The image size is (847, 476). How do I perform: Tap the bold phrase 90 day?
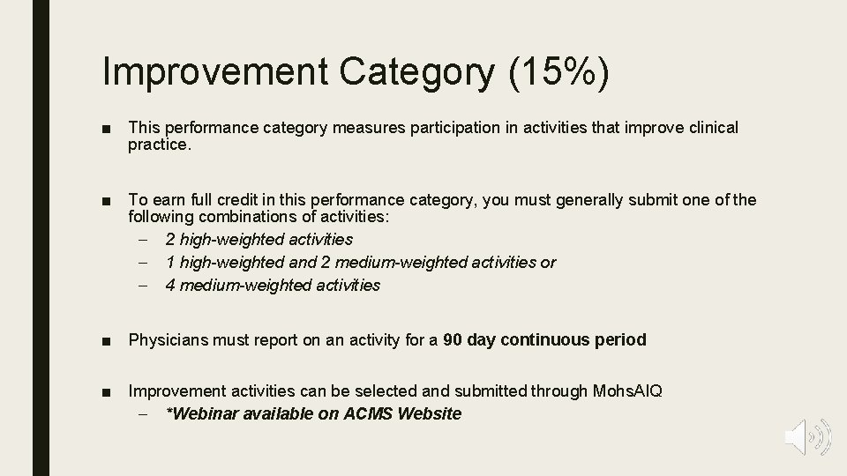(468, 339)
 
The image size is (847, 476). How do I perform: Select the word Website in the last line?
(430, 413)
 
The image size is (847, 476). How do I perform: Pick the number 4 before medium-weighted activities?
(169, 285)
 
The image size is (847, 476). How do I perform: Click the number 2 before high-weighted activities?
(169, 239)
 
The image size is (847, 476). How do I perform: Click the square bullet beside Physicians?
(106, 340)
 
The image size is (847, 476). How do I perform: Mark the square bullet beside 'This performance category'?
(106, 129)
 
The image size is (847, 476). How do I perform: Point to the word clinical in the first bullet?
(708, 128)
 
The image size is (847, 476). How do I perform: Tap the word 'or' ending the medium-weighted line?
(549, 262)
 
